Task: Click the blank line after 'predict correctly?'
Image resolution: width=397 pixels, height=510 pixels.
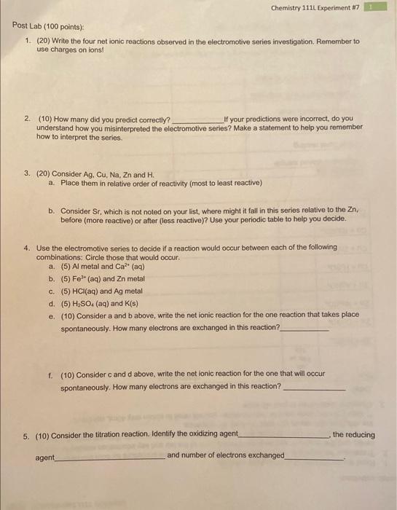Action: [x=197, y=120]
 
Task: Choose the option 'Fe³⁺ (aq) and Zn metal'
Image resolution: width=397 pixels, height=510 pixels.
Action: [x=106, y=278]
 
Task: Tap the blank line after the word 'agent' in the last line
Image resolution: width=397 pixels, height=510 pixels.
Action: [x=109, y=459]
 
